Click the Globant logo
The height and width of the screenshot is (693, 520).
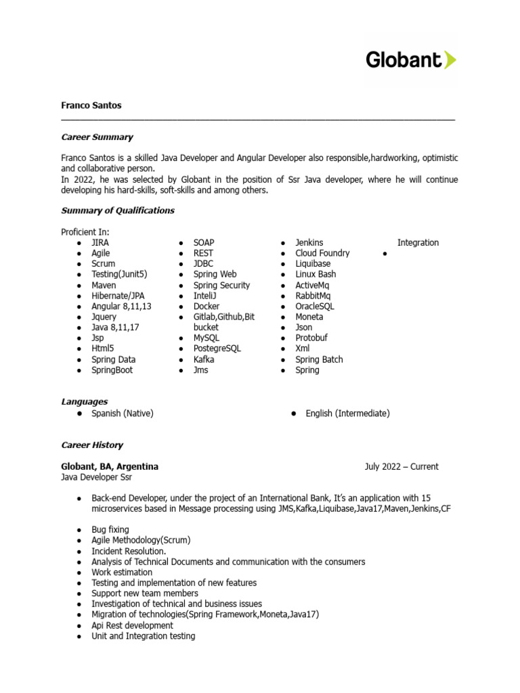(410, 60)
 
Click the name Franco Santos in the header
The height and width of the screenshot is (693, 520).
(91, 106)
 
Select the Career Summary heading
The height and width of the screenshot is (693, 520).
(97, 137)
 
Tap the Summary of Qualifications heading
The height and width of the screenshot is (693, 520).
(118, 210)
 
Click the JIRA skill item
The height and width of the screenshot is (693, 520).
(100, 242)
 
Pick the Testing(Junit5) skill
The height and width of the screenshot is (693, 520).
(119, 274)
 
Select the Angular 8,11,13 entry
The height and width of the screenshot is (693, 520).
(121, 306)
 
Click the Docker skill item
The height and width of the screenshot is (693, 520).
(207, 306)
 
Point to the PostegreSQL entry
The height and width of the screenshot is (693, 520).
(217, 349)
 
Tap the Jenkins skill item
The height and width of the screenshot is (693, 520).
(309, 242)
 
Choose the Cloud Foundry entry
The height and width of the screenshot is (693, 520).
(322, 253)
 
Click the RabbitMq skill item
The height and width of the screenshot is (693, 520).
(313, 296)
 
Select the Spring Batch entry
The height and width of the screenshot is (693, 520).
(319, 359)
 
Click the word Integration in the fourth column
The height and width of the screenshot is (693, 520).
(418, 242)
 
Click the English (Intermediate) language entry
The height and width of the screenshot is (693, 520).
(347, 413)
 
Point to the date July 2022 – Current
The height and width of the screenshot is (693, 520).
(401, 466)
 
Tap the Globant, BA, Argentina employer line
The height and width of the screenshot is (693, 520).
(110, 466)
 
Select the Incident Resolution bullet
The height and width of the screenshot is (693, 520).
(129, 551)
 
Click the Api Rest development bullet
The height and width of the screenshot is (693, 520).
(132, 625)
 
